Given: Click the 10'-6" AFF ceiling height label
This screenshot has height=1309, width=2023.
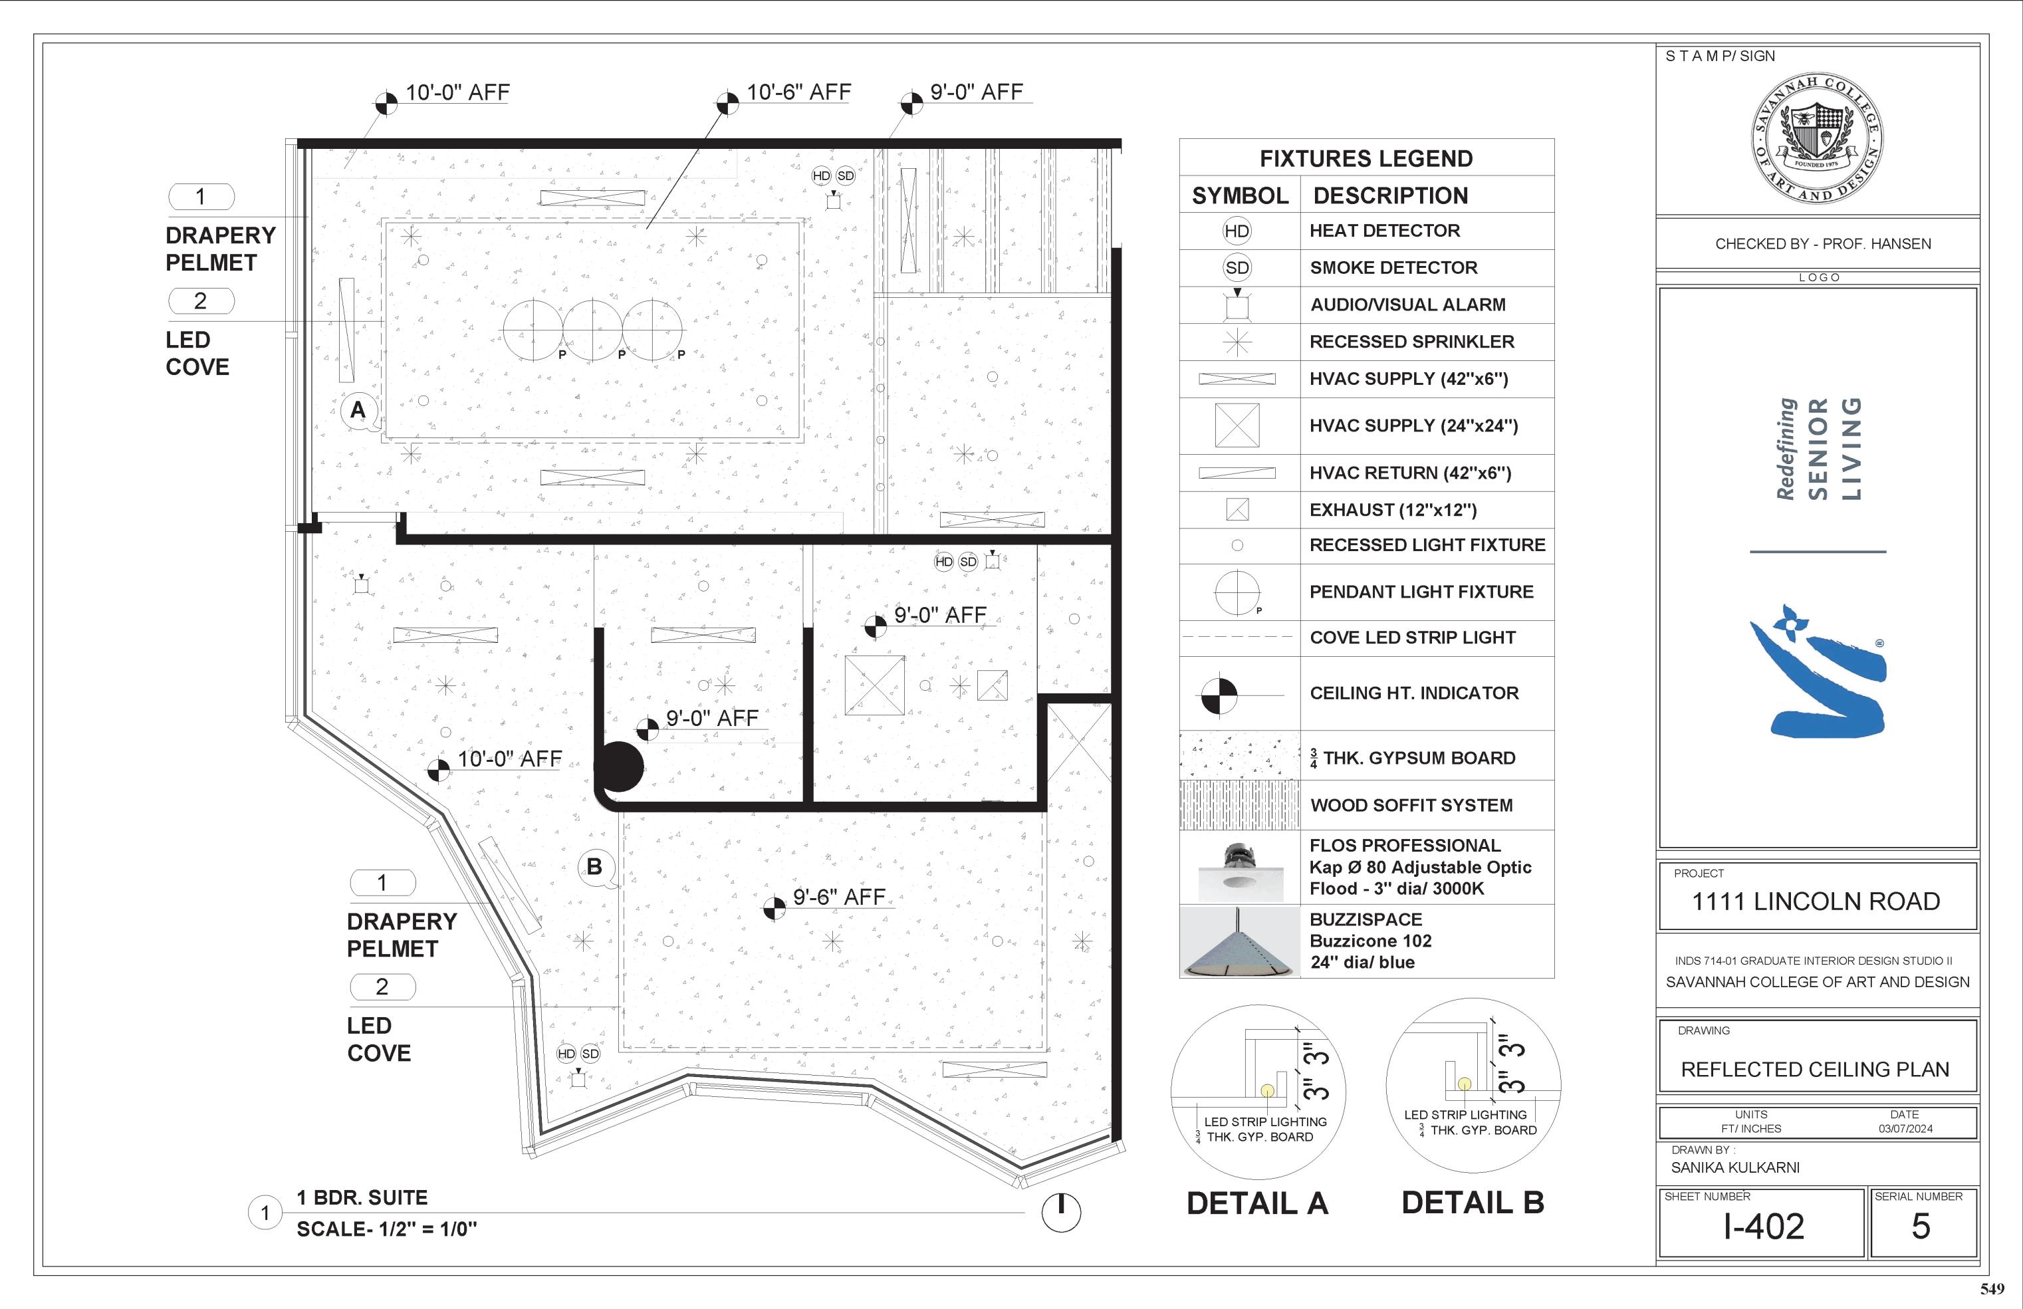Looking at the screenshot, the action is pos(798,92).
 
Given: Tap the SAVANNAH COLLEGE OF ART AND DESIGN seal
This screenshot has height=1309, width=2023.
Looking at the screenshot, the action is pos(1818,138).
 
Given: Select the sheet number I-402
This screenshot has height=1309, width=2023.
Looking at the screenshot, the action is pos(1763,1227).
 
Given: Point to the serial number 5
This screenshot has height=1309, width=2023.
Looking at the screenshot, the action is pos(1921,1227).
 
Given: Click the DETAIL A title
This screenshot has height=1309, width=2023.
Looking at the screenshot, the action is pos(1257,1203).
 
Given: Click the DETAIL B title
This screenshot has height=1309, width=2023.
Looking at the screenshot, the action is pos(1473,1203).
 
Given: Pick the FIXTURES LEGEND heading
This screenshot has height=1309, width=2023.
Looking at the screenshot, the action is pos(1366,159).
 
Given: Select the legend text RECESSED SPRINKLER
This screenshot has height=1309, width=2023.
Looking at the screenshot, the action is pos(1412,342).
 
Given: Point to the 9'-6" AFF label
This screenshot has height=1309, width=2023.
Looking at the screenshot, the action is pos(839,897).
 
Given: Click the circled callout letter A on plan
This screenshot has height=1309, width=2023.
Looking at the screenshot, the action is pos(358,410).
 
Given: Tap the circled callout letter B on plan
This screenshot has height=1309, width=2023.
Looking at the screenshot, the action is pos(594,866).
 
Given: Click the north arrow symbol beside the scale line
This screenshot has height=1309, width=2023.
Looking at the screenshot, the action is pos(1061,1211).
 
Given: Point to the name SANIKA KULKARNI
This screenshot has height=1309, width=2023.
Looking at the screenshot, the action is pos(1735,1168).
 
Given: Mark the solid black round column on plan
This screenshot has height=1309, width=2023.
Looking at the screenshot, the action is pos(620,767).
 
